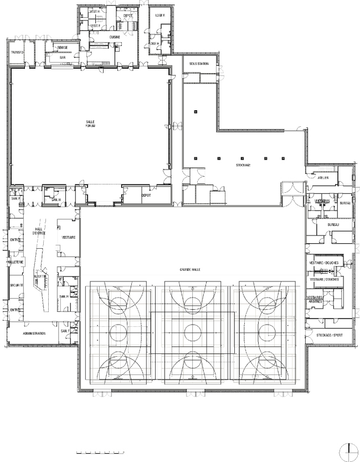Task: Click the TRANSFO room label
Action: click(18, 52)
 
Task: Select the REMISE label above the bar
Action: click(62, 48)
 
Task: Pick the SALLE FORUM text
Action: click(90, 124)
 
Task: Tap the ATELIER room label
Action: click(323, 178)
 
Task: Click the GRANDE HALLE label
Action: click(189, 269)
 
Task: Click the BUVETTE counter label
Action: click(40, 275)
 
